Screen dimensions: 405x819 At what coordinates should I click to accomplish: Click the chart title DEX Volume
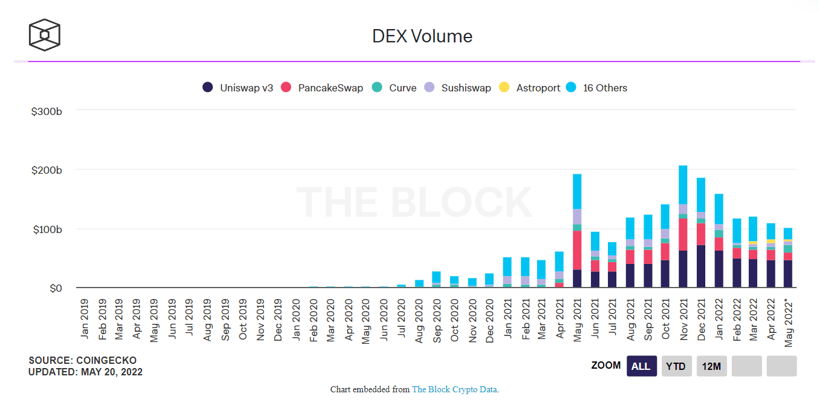click(422, 36)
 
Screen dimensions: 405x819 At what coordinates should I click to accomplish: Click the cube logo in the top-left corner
click(45, 35)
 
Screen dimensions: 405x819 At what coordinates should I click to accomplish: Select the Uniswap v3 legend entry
click(238, 88)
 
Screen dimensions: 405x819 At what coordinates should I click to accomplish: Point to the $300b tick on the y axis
click(47, 111)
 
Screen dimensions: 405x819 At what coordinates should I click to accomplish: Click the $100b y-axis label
click(47, 229)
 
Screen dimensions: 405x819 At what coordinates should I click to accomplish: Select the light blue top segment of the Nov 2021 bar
click(683, 185)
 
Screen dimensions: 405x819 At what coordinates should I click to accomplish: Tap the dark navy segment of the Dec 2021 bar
click(700, 266)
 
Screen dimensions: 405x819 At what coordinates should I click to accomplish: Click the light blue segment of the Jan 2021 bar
click(507, 266)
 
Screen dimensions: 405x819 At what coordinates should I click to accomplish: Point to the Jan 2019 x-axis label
click(83, 318)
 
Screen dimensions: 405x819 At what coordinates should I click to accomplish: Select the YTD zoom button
click(676, 366)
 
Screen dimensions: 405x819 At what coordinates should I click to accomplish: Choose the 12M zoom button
click(711, 366)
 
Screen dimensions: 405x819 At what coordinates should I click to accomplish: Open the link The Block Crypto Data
click(455, 389)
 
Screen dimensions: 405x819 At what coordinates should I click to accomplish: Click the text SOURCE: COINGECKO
click(82, 360)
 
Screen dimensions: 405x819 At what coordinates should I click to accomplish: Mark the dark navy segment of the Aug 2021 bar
click(630, 275)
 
